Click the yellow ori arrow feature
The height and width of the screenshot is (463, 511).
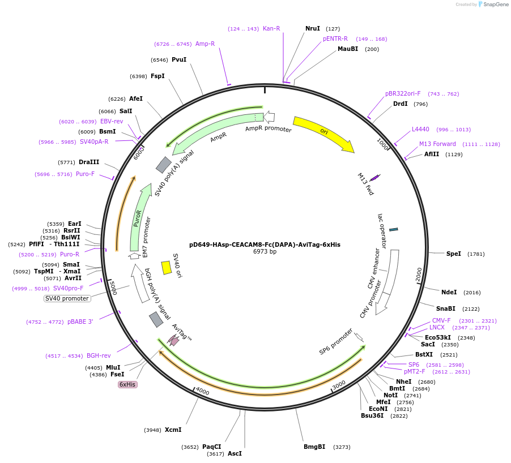tap(323, 134)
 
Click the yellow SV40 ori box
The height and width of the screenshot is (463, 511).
tap(167, 267)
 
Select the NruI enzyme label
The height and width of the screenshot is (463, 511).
tap(313, 28)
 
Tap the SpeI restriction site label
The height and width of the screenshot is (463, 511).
tap(454, 254)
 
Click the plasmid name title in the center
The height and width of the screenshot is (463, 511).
tap(265, 245)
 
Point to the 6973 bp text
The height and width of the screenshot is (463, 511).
tap(265, 252)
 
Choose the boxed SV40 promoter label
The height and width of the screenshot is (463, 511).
tap(67, 298)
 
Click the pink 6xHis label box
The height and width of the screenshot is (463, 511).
tap(127, 384)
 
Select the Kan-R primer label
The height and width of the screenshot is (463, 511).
tap(271, 28)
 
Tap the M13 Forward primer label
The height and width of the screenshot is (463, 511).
tap(437, 144)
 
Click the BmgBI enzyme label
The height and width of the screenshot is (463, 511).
tap(314, 447)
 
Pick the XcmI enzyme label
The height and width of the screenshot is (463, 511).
tap(173, 430)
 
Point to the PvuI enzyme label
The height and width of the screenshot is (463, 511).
tap(179, 59)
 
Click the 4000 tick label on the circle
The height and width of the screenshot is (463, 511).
tap(202, 392)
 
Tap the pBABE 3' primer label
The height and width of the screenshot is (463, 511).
tap(80, 321)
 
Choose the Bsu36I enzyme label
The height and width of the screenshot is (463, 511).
tap(372, 415)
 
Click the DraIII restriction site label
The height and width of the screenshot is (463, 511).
tap(89, 162)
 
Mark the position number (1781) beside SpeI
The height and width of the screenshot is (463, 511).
tap(476, 254)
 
